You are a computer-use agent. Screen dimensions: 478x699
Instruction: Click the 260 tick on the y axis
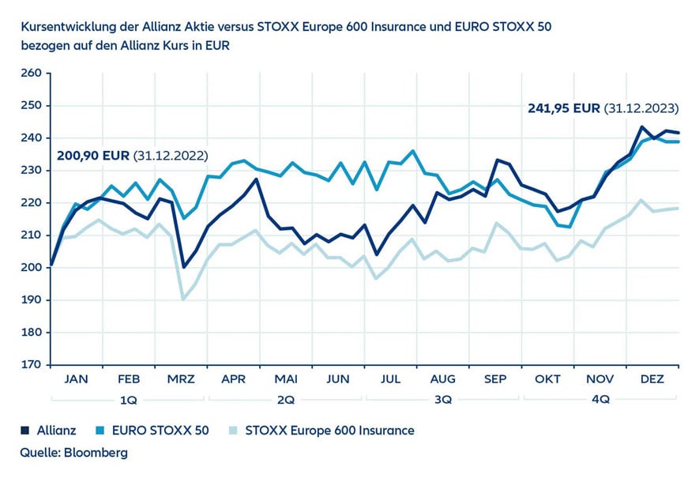tap(31, 73)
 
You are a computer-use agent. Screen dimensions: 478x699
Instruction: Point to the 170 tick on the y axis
tap(31, 365)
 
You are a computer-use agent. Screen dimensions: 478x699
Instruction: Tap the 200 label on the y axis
tap(31, 268)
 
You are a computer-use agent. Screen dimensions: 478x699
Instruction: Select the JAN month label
tap(76, 379)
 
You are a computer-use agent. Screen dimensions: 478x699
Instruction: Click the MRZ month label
tap(180, 379)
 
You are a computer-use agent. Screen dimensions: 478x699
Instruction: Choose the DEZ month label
tap(652, 379)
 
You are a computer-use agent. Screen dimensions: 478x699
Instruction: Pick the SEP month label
tap(494, 379)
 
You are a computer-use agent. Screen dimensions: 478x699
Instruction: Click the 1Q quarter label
tap(128, 400)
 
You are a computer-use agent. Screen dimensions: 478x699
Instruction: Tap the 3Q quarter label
tap(442, 400)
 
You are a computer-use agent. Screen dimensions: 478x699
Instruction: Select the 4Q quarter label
tap(599, 400)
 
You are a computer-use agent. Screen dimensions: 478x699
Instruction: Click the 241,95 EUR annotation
tap(563, 108)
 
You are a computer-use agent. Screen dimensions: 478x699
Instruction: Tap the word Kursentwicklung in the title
tap(66, 26)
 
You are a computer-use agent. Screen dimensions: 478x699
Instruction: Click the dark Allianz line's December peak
tap(641, 126)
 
